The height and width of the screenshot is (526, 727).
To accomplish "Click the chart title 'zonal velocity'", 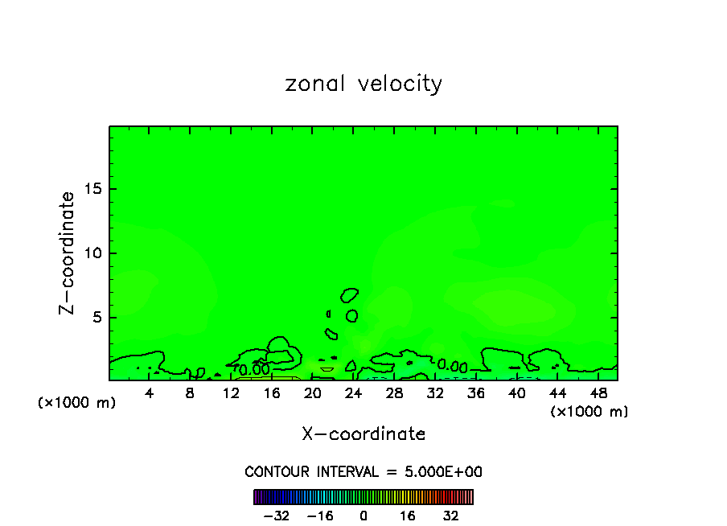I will [363, 84].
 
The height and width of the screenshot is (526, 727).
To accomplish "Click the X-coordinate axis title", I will [363, 434].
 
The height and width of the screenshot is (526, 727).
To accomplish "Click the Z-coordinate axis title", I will [68, 253].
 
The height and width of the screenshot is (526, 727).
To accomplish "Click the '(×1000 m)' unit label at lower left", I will [77, 403].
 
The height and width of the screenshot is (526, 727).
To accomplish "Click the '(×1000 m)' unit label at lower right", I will [589, 412].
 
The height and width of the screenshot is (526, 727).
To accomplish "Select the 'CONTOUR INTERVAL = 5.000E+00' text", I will [363, 472].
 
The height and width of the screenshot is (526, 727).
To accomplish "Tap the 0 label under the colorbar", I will [363, 516].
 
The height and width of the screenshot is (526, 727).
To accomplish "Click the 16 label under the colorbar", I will [408, 516].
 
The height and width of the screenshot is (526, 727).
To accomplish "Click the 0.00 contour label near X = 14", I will [253, 370].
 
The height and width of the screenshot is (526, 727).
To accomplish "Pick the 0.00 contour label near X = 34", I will [452, 366].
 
